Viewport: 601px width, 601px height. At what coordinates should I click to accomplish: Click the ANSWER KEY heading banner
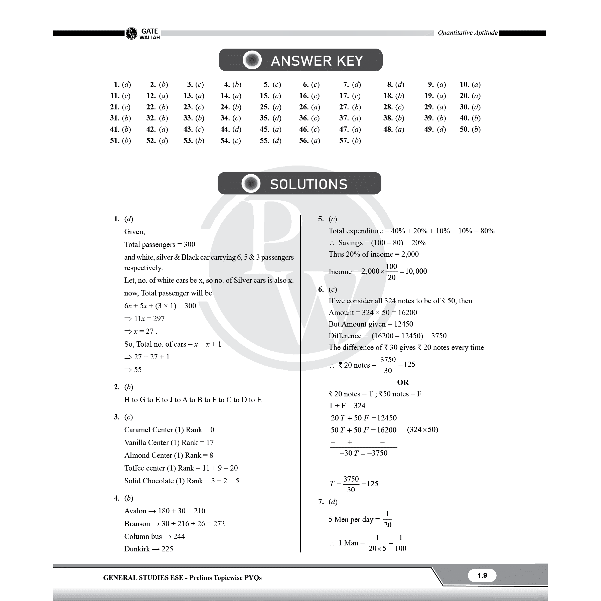300,60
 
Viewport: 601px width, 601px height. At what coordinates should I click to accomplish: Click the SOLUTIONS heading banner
299,184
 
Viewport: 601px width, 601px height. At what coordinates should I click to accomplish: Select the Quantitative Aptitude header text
467,33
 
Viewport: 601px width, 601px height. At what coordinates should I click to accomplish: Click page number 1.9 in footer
482,575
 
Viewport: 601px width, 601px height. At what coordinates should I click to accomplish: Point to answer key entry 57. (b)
350,140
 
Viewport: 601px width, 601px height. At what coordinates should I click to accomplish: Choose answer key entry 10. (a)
470,85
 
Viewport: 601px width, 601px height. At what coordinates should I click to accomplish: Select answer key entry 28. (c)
393,107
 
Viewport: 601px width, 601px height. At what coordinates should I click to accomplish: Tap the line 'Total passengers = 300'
160,244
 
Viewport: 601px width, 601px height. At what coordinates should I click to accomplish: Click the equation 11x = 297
145,319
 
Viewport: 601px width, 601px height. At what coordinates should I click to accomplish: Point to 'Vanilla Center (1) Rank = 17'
169,442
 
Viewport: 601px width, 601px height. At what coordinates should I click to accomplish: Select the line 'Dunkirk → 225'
149,549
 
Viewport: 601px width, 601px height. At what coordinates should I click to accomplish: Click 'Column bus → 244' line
155,536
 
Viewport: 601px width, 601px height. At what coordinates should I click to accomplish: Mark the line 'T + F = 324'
347,406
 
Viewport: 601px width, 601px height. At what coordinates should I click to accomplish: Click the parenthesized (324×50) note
422,430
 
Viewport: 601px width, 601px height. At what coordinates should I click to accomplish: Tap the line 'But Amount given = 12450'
371,324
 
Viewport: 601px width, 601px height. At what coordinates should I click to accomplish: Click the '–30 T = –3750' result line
364,453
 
